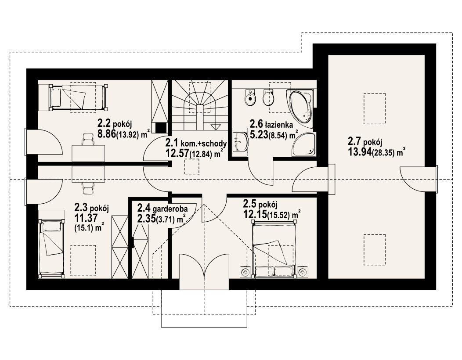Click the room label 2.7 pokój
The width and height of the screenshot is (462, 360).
[365, 142]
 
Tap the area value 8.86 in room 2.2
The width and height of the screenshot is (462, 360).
[107, 134]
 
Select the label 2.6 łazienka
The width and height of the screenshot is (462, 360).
[271, 124]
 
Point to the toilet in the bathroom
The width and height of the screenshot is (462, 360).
[250, 98]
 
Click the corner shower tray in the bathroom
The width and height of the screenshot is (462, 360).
[304, 144]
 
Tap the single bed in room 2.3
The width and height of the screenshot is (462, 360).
[51, 248]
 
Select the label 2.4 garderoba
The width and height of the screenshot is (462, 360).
[162, 209]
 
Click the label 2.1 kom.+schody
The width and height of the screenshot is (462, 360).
[196, 144]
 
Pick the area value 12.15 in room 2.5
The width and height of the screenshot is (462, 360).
[255, 215]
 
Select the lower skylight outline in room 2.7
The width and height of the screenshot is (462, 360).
[375, 249]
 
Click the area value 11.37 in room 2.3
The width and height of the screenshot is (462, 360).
[86, 219]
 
